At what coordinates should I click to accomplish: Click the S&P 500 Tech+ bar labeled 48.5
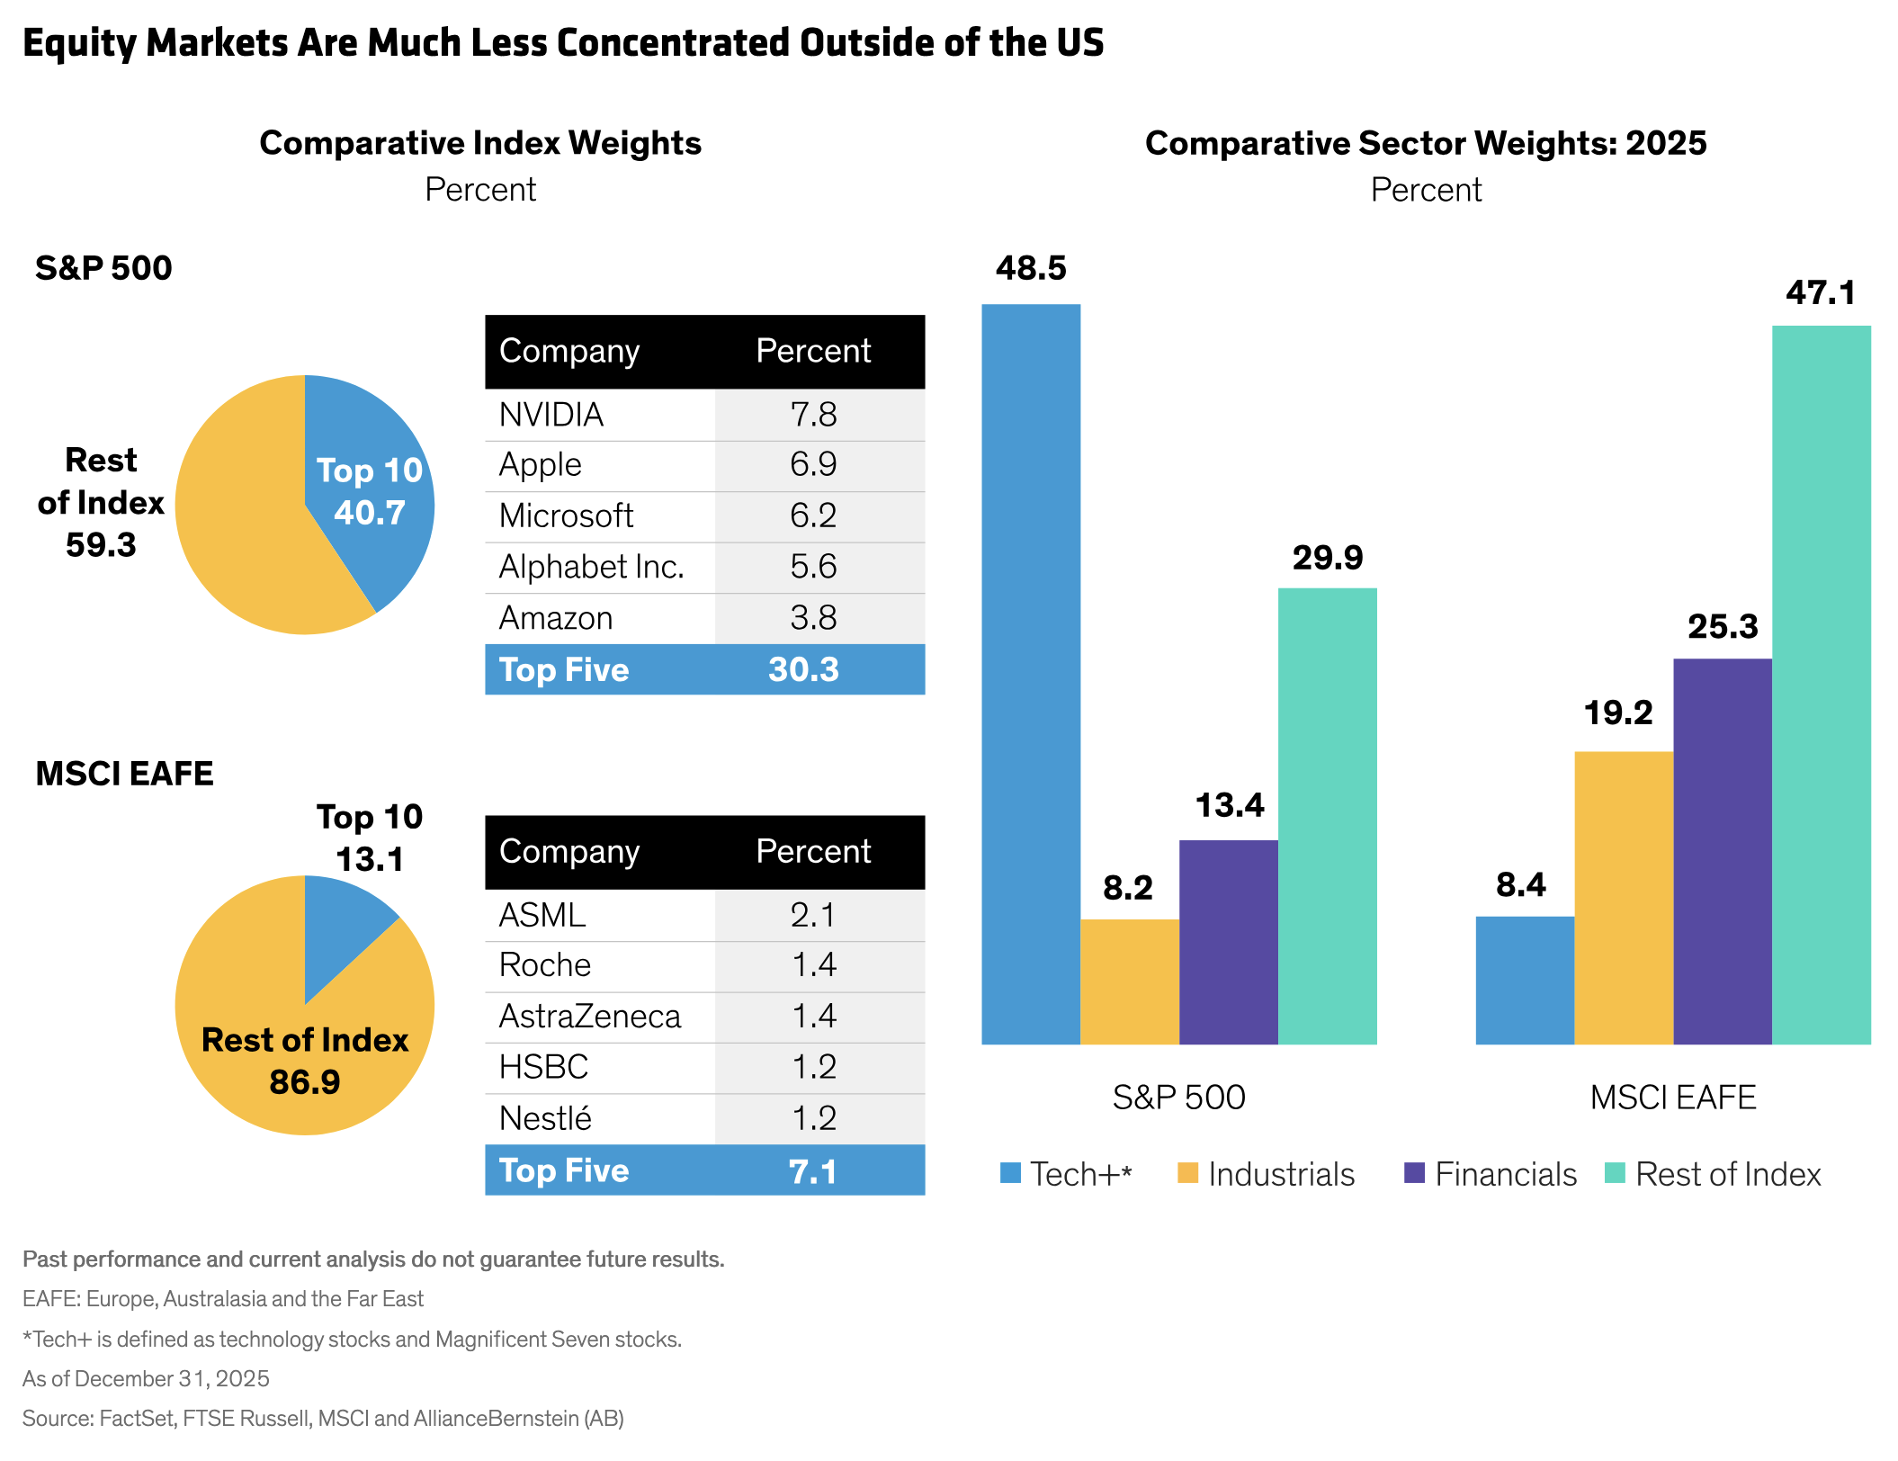coord(1031,675)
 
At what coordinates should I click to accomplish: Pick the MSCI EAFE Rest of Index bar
coord(1821,684)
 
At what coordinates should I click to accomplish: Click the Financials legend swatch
coord(1414,1173)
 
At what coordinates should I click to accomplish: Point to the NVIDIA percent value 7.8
coord(813,415)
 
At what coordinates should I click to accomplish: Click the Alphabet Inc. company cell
coord(592,567)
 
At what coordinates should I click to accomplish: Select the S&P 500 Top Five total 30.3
coord(803,669)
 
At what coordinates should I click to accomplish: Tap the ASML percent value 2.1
coord(813,915)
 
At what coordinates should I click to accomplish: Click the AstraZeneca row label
coord(590,1017)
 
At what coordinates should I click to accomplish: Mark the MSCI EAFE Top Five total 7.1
coord(812,1170)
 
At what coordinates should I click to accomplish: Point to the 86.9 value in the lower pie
coord(305,1081)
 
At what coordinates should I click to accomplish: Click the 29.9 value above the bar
coord(1328,558)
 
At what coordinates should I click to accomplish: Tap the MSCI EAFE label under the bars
coord(1673,1098)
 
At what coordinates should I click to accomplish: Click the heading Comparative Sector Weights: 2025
coord(1426,143)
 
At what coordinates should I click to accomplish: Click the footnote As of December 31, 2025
coord(146,1378)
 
